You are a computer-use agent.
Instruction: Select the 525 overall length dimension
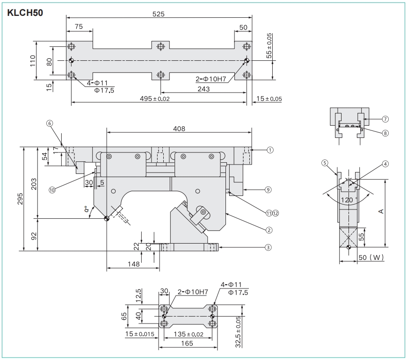(x=159, y=14)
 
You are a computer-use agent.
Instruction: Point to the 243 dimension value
(x=203, y=89)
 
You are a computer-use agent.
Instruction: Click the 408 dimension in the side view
(x=179, y=129)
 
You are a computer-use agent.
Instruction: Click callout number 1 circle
(x=270, y=150)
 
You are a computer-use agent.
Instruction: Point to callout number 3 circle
(x=268, y=247)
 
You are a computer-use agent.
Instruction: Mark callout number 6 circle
(x=50, y=123)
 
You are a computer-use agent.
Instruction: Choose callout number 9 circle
(x=268, y=190)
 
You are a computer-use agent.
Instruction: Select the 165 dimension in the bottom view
(x=187, y=343)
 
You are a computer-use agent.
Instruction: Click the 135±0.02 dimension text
(x=188, y=334)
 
